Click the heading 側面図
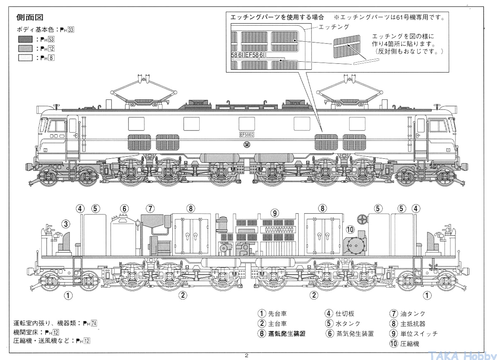(x=30, y=17)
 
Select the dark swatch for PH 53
(x=25, y=39)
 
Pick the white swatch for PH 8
(x=25, y=58)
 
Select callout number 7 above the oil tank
(x=150, y=208)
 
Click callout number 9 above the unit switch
(x=274, y=213)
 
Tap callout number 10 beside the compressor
(x=350, y=229)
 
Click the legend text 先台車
(x=277, y=314)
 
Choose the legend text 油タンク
(x=413, y=314)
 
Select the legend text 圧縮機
(x=410, y=343)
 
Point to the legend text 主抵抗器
(x=413, y=324)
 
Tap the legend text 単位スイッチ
(x=419, y=333)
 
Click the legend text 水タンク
(x=348, y=324)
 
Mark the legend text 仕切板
(x=345, y=314)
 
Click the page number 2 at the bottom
(x=246, y=355)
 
